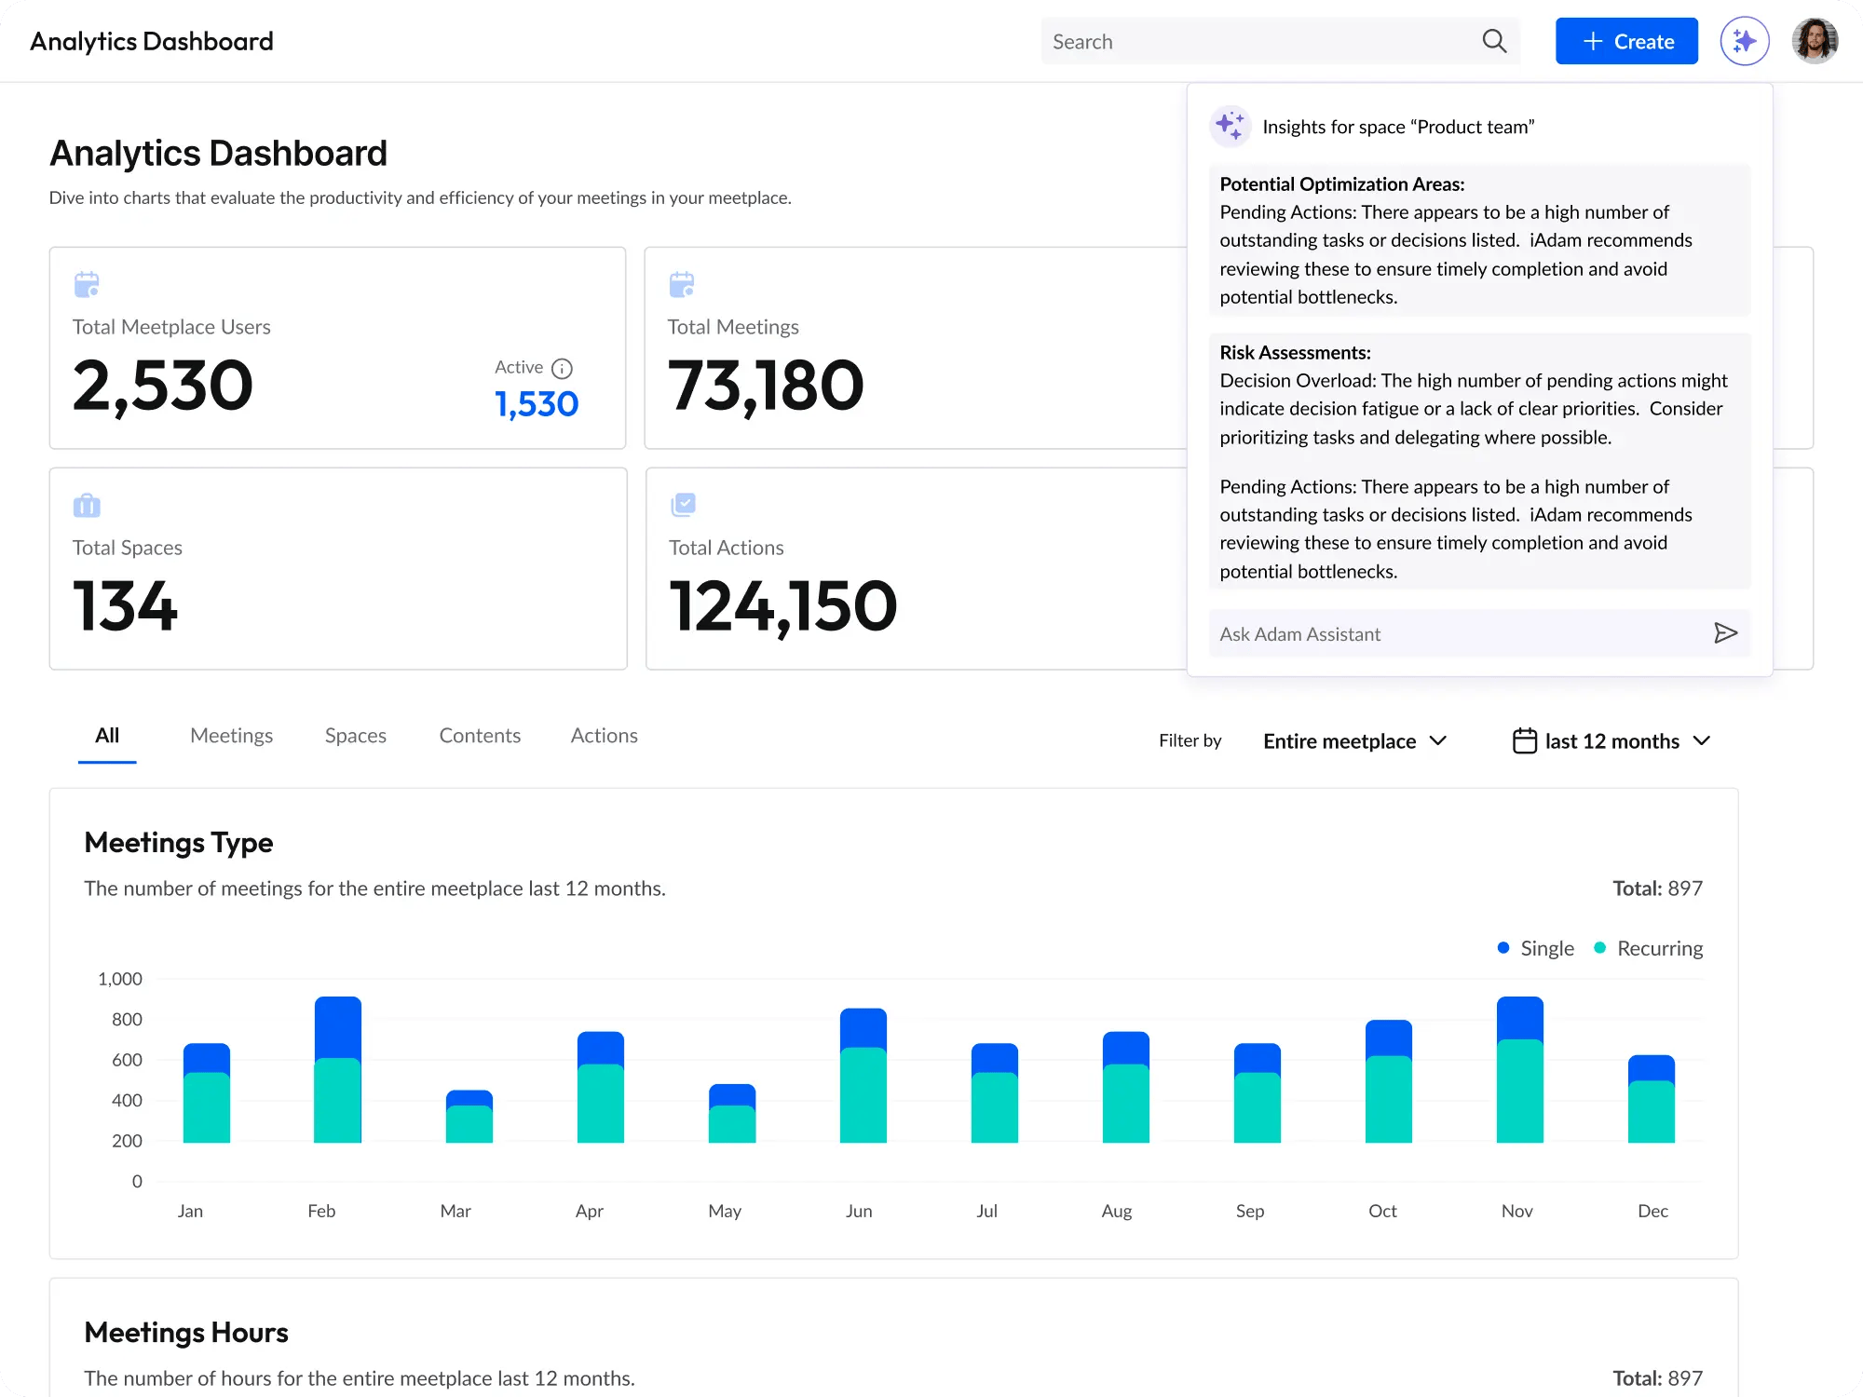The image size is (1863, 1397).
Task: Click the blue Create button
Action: click(1626, 42)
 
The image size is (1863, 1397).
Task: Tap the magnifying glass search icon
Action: click(1494, 42)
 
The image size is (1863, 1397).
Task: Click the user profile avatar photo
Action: click(1815, 42)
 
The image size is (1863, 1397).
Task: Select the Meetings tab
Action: click(231, 736)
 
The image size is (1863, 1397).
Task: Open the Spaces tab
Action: click(355, 736)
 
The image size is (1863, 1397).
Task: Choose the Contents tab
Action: click(480, 736)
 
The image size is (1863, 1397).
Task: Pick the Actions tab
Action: click(604, 736)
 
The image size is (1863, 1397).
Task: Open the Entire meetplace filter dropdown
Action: click(1354, 741)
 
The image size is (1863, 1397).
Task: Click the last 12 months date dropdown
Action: click(1612, 741)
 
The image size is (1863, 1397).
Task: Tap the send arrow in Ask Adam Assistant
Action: click(1725, 633)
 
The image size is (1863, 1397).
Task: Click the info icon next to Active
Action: click(562, 369)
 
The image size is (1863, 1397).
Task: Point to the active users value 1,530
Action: click(537, 404)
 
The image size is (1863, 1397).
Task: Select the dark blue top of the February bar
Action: click(338, 1026)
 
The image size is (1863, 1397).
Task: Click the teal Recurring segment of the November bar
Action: click(1519, 1091)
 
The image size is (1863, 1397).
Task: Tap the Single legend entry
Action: click(1536, 948)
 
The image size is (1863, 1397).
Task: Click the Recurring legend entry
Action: click(1649, 948)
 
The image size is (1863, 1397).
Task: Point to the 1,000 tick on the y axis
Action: click(120, 979)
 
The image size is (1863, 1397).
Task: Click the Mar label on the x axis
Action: click(456, 1211)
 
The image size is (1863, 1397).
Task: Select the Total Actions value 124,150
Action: click(782, 606)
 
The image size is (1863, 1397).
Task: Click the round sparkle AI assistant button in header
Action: click(1745, 42)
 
